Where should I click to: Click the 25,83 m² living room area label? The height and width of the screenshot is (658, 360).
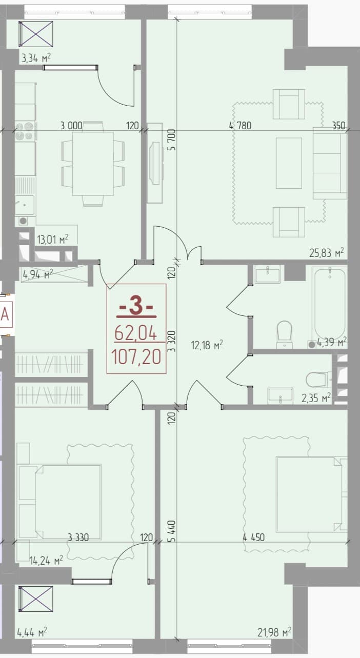point(326,253)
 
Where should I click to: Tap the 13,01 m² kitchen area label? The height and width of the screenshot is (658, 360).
point(52,239)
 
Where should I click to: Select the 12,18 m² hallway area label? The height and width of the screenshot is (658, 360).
point(207,345)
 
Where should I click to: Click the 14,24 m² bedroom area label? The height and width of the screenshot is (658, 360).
point(46,561)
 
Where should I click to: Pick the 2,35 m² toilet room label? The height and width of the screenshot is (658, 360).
point(316,398)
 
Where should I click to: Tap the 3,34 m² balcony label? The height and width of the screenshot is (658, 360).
point(36,58)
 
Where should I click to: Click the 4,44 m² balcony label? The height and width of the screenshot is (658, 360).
point(32,631)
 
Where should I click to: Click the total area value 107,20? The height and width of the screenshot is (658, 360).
point(136,356)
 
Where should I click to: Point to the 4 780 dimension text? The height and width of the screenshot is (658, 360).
point(240,126)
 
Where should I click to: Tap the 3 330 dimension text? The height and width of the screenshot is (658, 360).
point(78,537)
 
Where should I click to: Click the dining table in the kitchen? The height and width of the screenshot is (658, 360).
point(93,164)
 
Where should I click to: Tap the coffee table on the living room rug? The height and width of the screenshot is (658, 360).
point(289,163)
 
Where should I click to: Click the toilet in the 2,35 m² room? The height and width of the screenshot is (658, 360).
point(318,380)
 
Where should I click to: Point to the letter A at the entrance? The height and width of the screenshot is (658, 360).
point(5,314)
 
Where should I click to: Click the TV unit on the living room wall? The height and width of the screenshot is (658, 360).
point(155,163)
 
